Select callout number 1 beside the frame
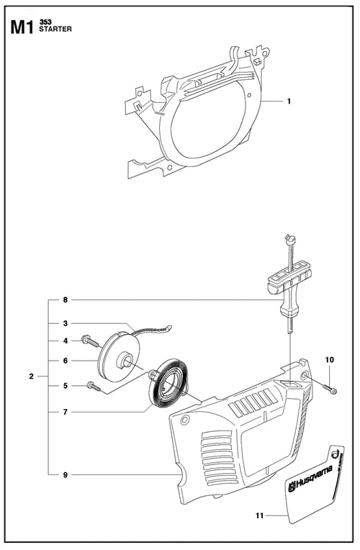[289, 102]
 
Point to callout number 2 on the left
[31, 376]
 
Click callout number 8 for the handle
[65, 299]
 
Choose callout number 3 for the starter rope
[65, 323]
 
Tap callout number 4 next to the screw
[65, 341]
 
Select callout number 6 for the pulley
[65, 361]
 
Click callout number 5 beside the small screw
[65, 386]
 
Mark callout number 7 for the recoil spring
[65, 412]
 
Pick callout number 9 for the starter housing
[65, 474]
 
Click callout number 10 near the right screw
[330, 359]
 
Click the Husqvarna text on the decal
[311, 479]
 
